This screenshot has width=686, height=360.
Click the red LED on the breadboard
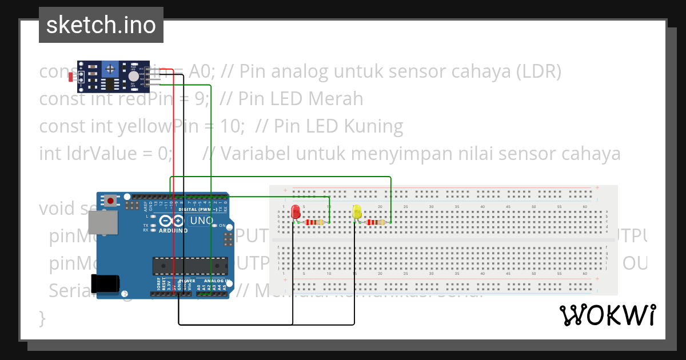[x=296, y=211]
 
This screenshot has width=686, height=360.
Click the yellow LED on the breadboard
[x=357, y=211]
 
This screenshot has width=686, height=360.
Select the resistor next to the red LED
[x=314, y=222]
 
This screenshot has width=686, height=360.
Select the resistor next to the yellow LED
[x=376, y=222]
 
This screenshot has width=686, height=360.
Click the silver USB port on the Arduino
[x=103, y=223]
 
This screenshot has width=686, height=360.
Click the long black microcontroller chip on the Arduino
[x=190, y=266]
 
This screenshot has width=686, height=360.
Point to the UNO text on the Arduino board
[x=201, y=221]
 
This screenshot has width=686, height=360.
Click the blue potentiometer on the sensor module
[x=109, y=69]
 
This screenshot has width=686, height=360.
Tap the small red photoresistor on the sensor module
[x=71, y=76]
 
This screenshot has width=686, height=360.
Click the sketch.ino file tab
[x=101, y=25]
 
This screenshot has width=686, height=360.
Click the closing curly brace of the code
[x=42, y=317]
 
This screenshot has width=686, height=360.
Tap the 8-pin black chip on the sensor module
[x=109, y=85]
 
